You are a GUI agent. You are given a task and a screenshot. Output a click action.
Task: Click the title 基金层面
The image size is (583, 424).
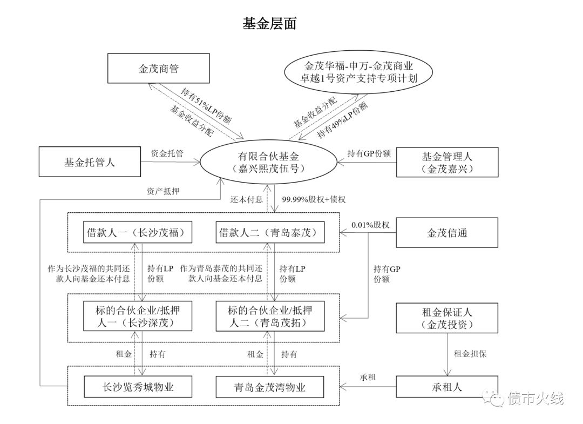[269, 24]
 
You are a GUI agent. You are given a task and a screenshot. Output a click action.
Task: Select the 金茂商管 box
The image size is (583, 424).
[158, 69]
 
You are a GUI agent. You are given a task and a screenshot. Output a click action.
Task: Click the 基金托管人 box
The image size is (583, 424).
[89, 161]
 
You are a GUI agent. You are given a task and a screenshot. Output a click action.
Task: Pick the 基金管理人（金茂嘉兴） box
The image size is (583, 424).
[446, 162]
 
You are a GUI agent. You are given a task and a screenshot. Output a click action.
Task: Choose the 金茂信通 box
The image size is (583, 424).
[446, 233]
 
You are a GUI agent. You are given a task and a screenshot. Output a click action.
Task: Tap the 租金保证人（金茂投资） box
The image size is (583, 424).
[446, 318]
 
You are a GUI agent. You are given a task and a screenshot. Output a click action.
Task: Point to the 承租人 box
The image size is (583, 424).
[446, 387]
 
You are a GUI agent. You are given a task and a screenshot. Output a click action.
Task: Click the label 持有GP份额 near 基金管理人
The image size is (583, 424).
[369, 153]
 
